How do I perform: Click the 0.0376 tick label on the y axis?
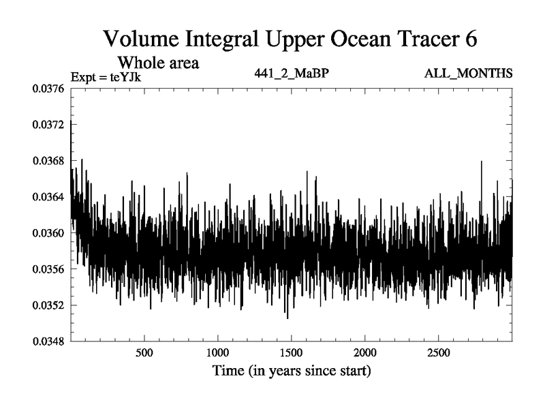point(49,89)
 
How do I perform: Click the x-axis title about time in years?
point(291,372)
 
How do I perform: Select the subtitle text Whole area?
point(158,63)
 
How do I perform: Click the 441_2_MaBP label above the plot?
point(291,73)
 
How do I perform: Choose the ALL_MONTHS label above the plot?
point(467,73)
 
